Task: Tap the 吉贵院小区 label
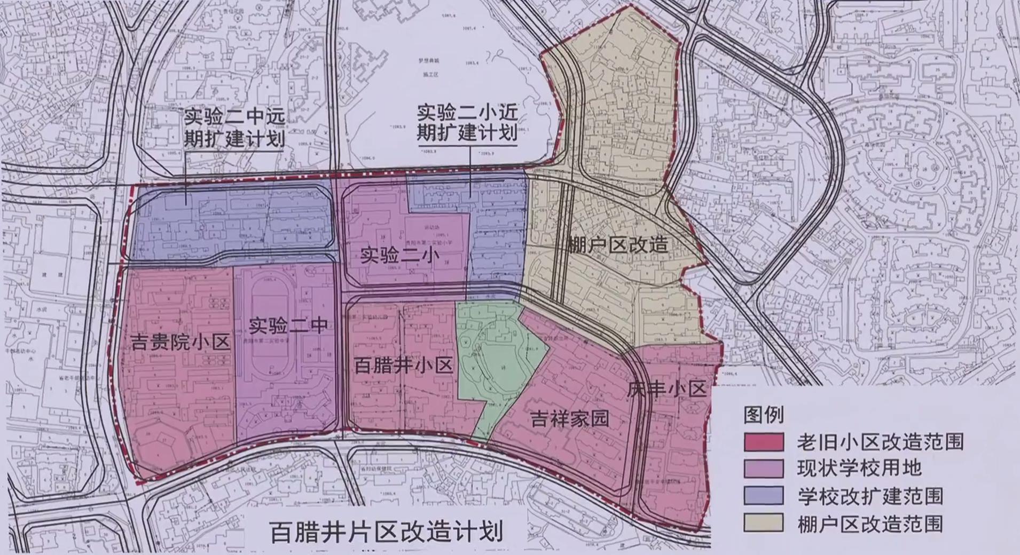point(180,342)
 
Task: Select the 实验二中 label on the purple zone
point(288,325)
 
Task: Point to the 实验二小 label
point(399,256)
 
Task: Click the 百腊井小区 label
point(404,366)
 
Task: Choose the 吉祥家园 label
point(570,418)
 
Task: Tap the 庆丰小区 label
point(666,389)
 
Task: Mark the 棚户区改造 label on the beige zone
point(617,245)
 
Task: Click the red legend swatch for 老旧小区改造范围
point(764,442)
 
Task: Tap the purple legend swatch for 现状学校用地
point(764,469)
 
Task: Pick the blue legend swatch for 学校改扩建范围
point(764,496)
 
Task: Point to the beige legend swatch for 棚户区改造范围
point(764,523)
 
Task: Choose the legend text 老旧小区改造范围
point(881,442)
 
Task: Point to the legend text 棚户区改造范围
point(870,523)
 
